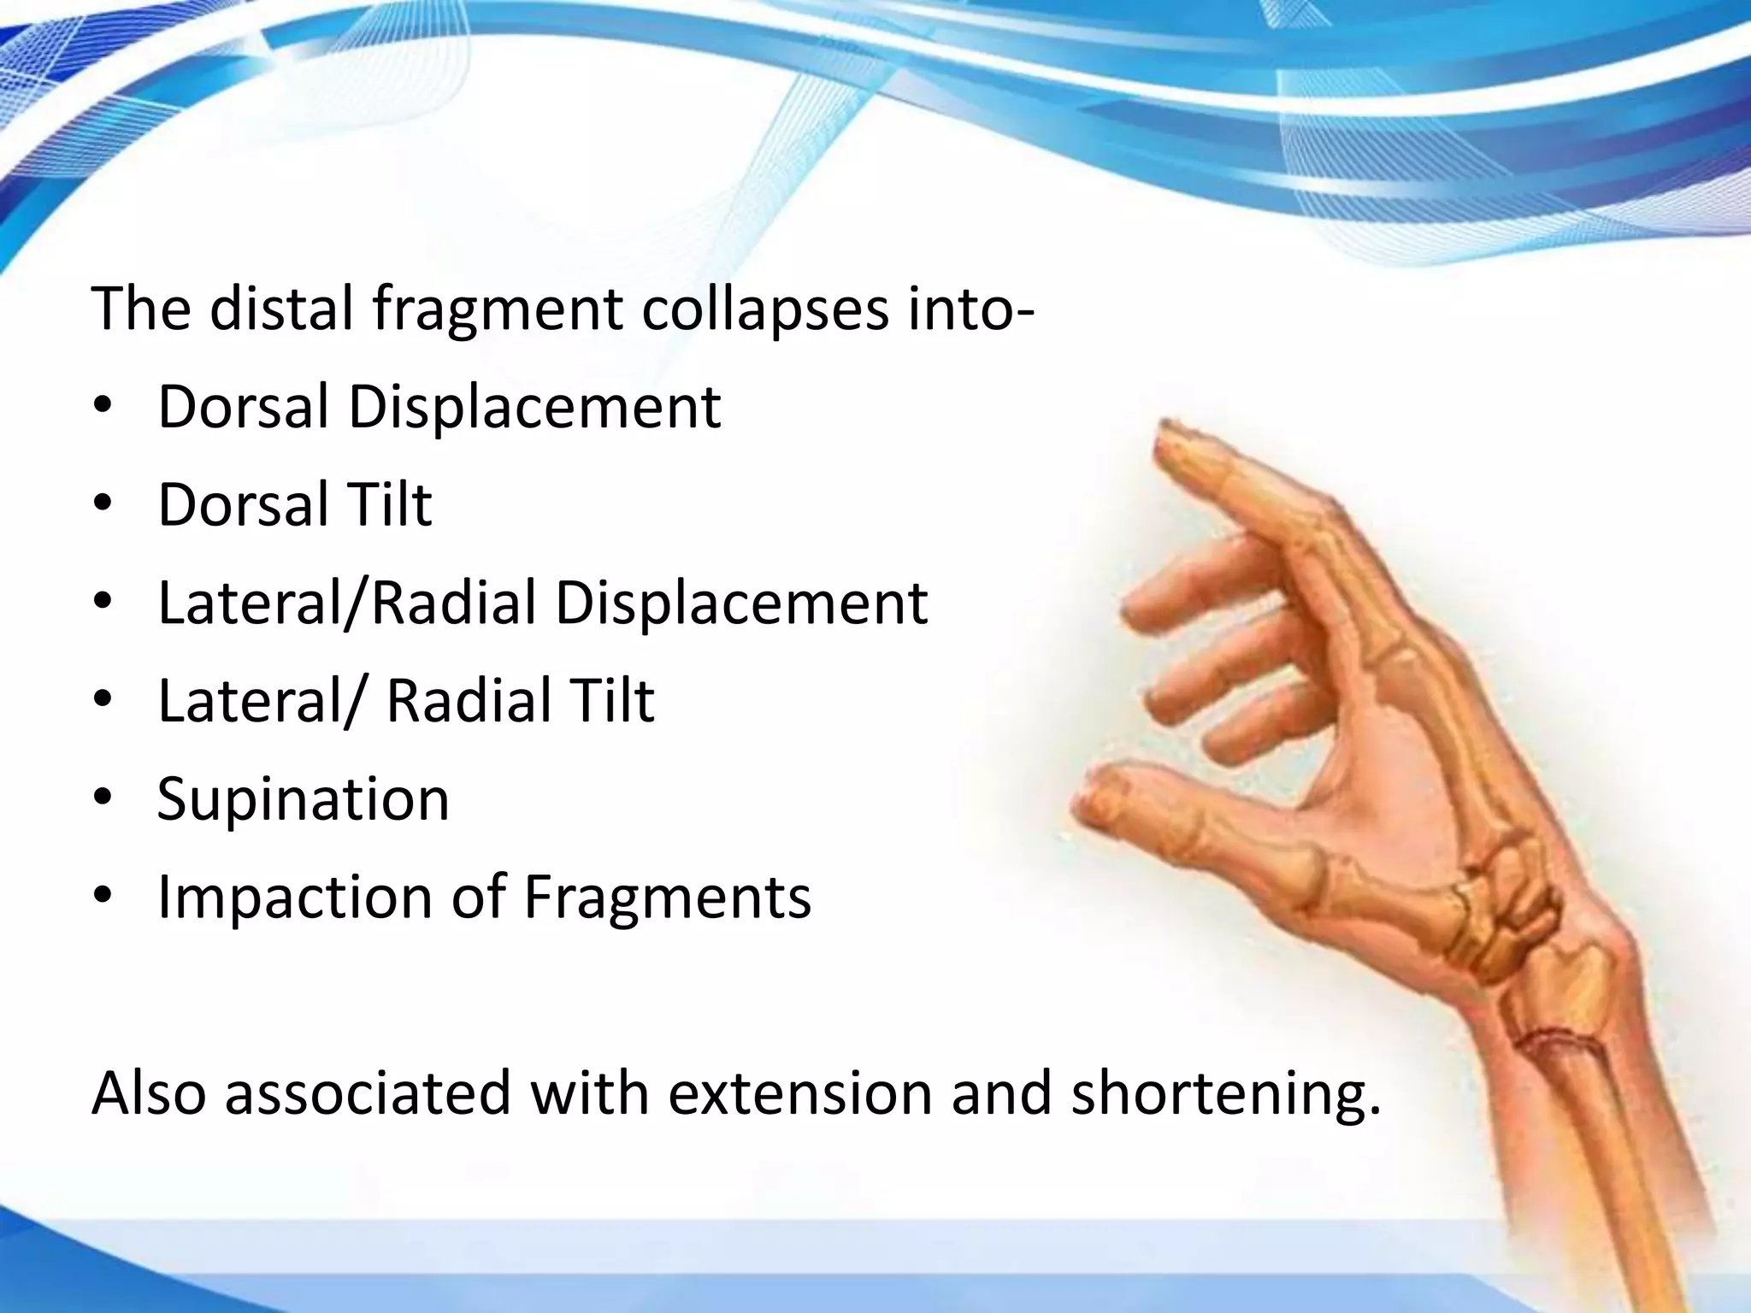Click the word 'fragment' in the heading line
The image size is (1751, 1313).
(498, 309)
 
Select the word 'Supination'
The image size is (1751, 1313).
(303, 799)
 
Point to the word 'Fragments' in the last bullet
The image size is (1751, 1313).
(667, 898)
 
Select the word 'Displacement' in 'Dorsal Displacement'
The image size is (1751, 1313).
(534, 407)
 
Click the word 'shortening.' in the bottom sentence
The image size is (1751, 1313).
(1226, 1094)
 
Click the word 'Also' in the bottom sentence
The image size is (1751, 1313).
(149, 1094)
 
